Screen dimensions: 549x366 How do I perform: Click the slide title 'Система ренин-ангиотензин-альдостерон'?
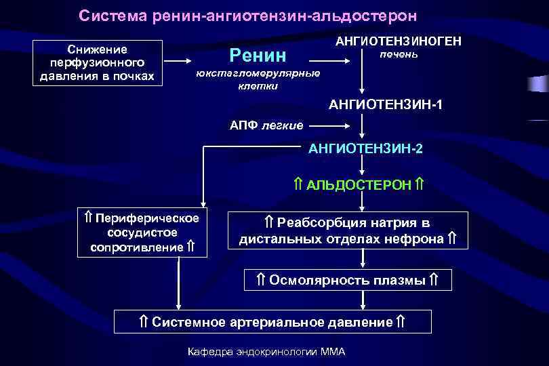(x=248, y=15)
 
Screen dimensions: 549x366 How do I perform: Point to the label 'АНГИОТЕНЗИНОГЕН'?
(x=399, y=41)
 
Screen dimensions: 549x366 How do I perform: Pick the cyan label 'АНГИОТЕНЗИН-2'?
(x=365, y=148)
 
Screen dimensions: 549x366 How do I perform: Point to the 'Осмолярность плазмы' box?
(x=347, y=279)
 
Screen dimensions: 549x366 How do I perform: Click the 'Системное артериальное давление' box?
(x=272, y=321)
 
